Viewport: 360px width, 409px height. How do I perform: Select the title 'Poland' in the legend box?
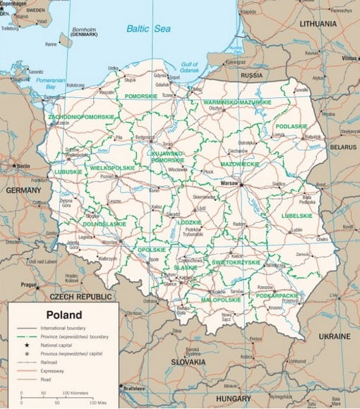coord(64,315)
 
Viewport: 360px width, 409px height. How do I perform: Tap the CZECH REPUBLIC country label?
coord(70,297)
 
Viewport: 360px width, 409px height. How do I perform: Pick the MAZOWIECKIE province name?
coord(238,163)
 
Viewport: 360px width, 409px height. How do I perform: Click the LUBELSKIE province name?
coord(296,216)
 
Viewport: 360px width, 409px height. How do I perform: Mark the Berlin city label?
coord(22,166)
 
